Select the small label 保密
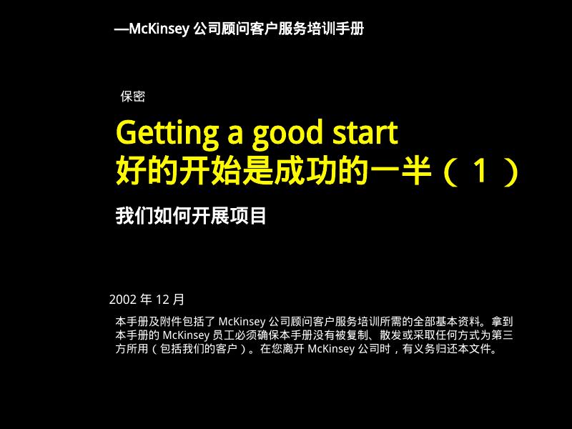[133, 97]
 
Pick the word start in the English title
[364, 134]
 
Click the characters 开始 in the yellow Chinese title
[202, 172]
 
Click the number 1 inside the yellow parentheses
[483, 172]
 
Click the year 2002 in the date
[123, 299]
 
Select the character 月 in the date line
[179, 299]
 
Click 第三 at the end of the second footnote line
[503, 335]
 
